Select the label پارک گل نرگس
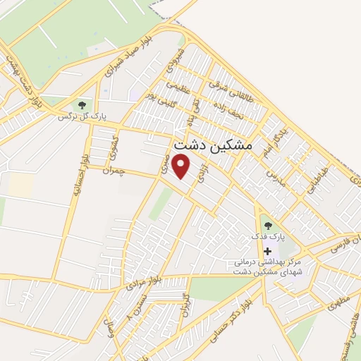coord(84,118)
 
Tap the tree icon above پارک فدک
coord(267,226)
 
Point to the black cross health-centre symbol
coord(267,251)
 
